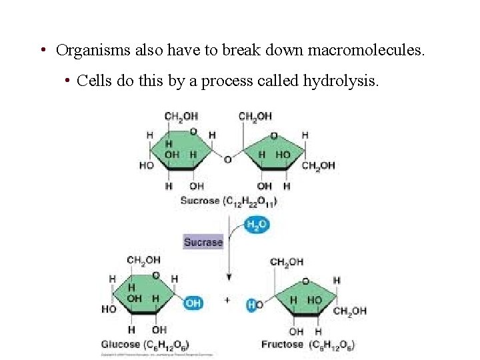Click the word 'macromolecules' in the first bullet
(363, 50)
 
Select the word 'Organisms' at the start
(88, 50)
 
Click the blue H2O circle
(257, 225)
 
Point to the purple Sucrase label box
(203, 242)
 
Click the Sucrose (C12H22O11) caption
(229, 200)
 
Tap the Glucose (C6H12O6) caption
(145, 345)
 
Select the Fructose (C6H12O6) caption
(308, 345)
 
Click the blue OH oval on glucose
(193, 303)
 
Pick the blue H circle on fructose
(251, 305)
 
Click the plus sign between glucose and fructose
(227, 301)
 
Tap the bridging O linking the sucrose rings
(227, 160)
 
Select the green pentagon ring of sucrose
(275, 153)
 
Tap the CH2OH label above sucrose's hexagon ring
(181, 117)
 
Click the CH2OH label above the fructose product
(287, 262)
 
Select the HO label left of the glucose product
(109, 309)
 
